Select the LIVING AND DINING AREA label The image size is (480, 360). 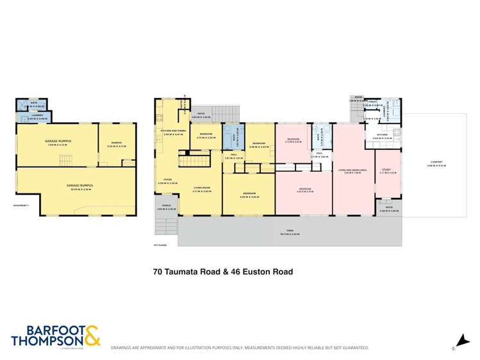pos(354,170)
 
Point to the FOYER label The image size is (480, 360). pos(167,180)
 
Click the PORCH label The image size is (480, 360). pos(165,207)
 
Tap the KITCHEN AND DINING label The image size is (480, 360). pos(171,132)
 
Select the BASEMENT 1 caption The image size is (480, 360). pos(22,206)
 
